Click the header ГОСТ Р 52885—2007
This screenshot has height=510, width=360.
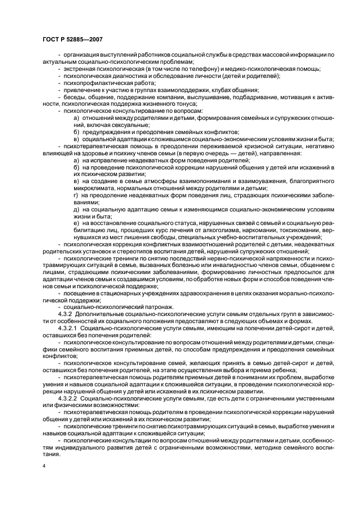coord(72,39)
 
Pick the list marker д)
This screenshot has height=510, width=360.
coord(77,209)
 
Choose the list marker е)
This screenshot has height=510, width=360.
coord(77,223)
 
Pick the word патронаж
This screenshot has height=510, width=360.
coord(156,307)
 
